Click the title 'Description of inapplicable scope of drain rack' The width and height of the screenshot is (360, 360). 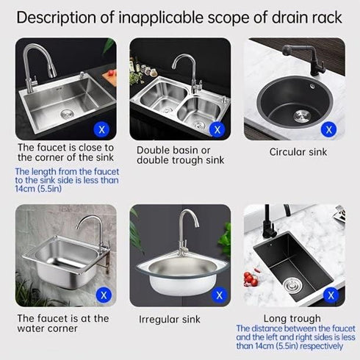(179, 16)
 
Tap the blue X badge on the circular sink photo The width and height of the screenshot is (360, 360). (330, 129)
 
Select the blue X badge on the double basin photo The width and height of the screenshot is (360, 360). (216, 129)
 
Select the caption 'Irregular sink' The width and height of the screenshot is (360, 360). (170, 319)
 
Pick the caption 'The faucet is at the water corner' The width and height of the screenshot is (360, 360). (63, 324)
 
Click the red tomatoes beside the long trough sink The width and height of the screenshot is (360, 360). (252, 280)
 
